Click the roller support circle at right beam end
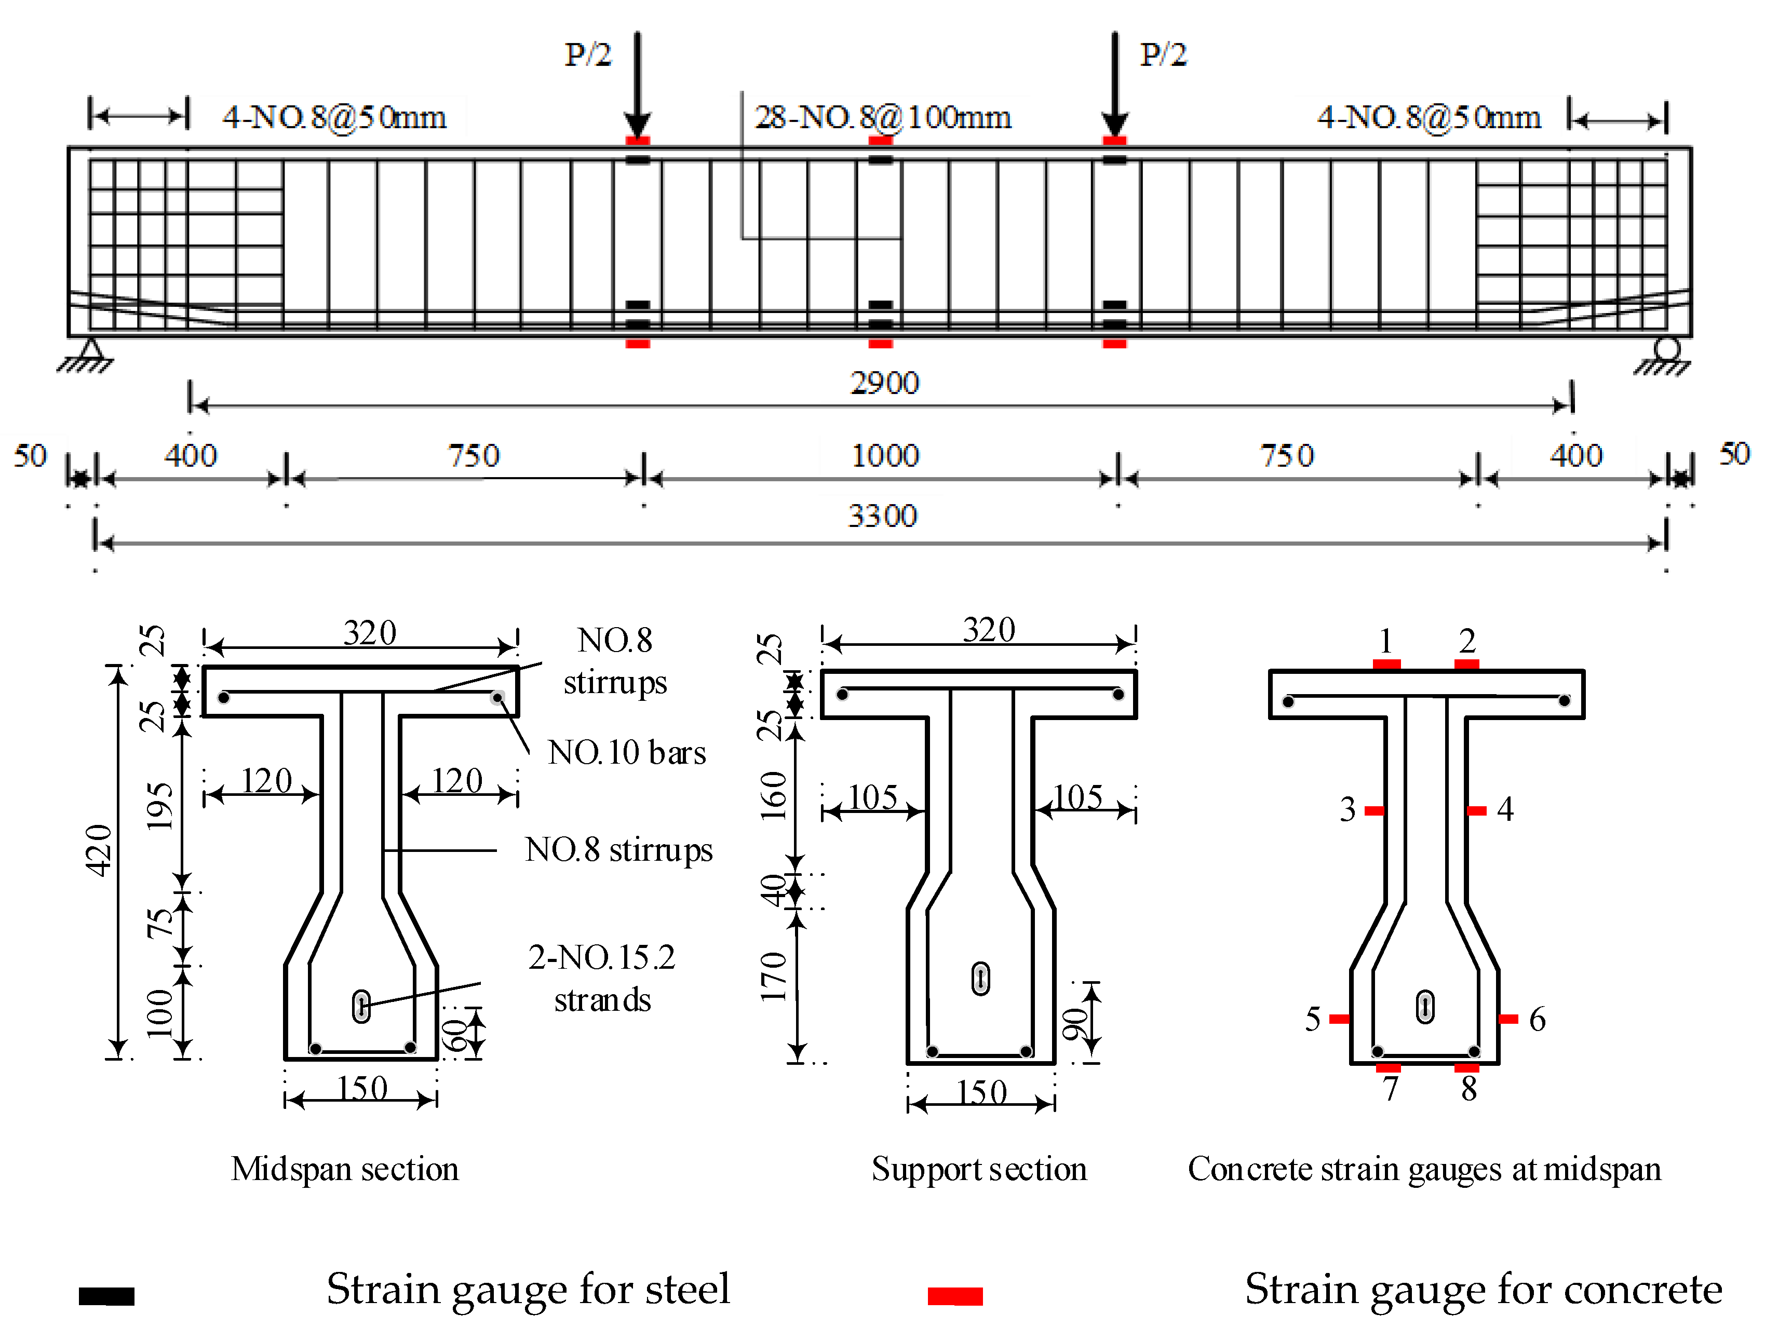(x=1667, y=348)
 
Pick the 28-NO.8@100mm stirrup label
(x=883, y=118)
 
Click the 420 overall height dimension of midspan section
(x=99, y=850)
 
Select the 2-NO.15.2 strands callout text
(x=602, y=978)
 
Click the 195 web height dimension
(x=159, y=806)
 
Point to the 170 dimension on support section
(x=772, y=976)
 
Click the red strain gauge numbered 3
(x=1374, y=810)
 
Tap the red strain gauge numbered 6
(x=1507, y=1019)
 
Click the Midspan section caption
(x=345, y=1169)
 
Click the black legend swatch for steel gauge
(x=106, y=1296)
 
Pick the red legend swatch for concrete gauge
(x=954, y=1296)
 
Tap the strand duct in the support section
(x=981, y=979)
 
